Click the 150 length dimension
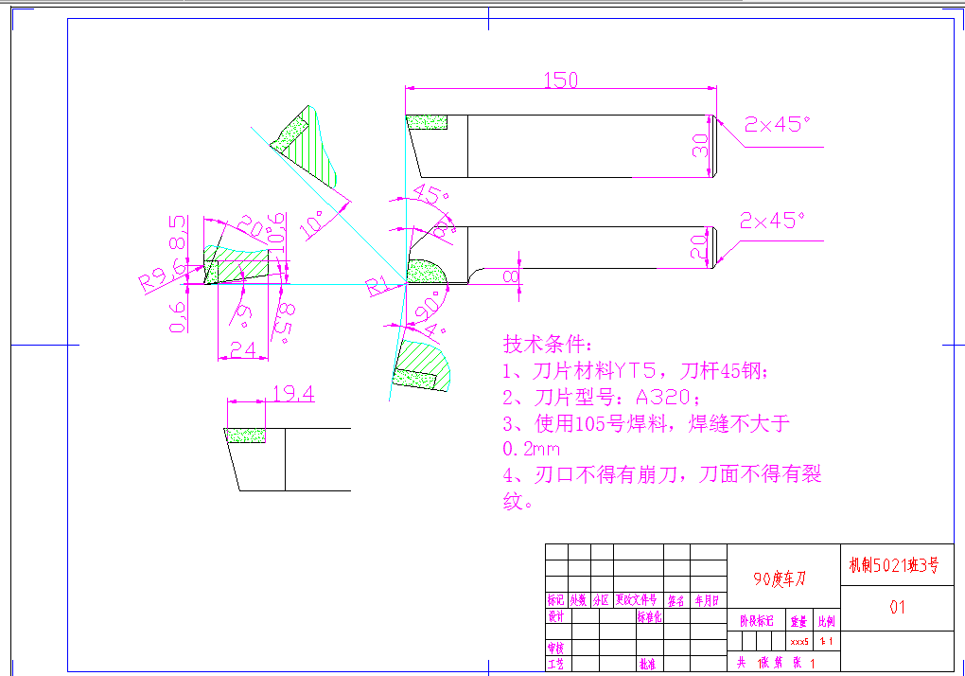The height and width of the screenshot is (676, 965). (x=560, y=80)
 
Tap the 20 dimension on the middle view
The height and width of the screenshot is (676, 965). (x=699, y=248)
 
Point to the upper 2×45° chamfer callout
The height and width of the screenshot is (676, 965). (x=778, y=124)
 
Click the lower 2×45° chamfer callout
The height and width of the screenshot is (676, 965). (x=772, y=221)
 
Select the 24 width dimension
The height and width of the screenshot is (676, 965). (x=243, y=348)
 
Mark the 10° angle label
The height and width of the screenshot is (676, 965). (x=313, y=224)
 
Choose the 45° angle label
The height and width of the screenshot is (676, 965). (x=430, y=195)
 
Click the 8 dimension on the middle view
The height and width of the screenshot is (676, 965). (x=512, y=275)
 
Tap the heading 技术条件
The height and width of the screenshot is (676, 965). (x=548, y=343)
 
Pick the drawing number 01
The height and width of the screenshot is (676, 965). (x=897, y=607)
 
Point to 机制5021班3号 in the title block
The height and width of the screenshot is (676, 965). (x=894, y=565)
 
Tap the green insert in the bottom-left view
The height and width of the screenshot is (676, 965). (x=246, y=435)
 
